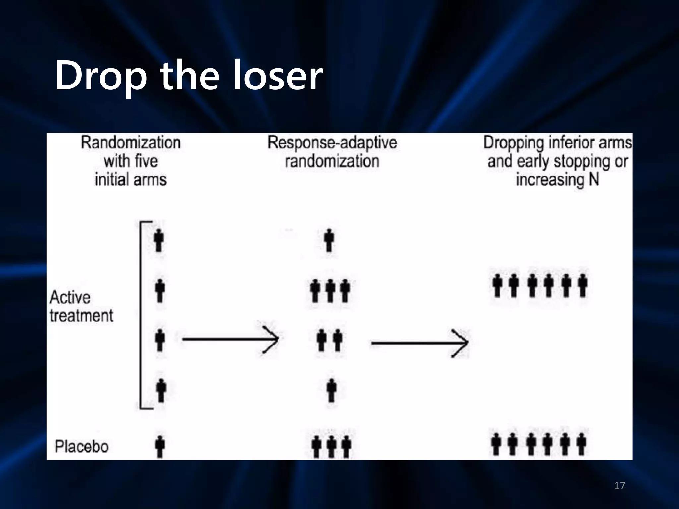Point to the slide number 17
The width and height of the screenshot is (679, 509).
point(619,486)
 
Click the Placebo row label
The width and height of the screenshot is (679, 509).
point(82,447)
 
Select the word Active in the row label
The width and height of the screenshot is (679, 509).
point(70,297)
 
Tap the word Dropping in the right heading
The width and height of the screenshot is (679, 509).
point(514,143)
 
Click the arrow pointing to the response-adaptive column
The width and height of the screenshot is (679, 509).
point(230,339)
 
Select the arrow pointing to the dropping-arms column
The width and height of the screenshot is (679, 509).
point(419,343)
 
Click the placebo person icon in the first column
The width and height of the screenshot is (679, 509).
point(160,446)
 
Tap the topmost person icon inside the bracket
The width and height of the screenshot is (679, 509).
point(159,240)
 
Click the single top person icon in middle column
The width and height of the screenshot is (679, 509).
point(329,240)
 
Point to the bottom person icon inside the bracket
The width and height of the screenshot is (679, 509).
point(161,390)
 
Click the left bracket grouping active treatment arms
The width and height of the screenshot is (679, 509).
point(141,315)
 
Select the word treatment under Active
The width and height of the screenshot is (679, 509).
point(82,315)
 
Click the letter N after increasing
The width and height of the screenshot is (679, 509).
point(594,180)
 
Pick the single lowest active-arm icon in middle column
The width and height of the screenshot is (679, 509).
point(331,390)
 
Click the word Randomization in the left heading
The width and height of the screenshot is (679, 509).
point(131,143)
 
